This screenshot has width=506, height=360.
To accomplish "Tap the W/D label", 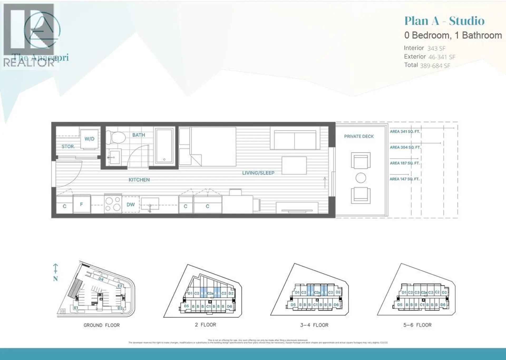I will pyautogui.click(x=89, y=139).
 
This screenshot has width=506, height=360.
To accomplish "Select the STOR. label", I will pyautogui.click(x=68, y=147).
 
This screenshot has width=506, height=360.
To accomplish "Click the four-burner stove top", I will pyautogui.click(x=113, y=204).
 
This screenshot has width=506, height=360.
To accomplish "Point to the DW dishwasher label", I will pyautogui.click(x=130, y=205).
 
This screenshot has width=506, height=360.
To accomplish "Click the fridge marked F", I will pyautogui.click(x=81, y=204).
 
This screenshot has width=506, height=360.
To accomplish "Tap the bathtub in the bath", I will pyautogui.click(x=164, y=145).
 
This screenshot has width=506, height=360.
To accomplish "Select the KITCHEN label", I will pyautogui.click(x=139, y=180).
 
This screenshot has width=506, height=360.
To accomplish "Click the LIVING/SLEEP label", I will pyautogui.click(x=258, y=173).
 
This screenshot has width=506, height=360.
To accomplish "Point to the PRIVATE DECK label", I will pyautogui.click(x=359, y=136).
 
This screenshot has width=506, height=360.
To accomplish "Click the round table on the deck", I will pyautogui.click(x=361, y=178).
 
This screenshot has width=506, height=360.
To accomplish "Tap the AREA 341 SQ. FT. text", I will pyautogui.click(x=405, y=131).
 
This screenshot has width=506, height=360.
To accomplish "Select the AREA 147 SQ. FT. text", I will pyautogui.click(x=404, y=179).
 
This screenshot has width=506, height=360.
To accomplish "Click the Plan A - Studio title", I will pyautogui.click(x=444, y=21).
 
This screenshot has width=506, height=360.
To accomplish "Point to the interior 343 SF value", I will pyautogui.click(x=436, y=48).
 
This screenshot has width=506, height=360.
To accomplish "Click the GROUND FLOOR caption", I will pyautogui.click(x=101, y=325).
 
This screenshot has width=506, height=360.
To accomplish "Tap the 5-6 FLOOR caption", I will pyautogui.click(x=417, y=325).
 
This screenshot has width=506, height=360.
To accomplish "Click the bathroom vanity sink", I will pyautogui.click(x=115, y=157).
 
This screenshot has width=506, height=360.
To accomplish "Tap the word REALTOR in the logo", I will pyautogui.click(x=28, y=63).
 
